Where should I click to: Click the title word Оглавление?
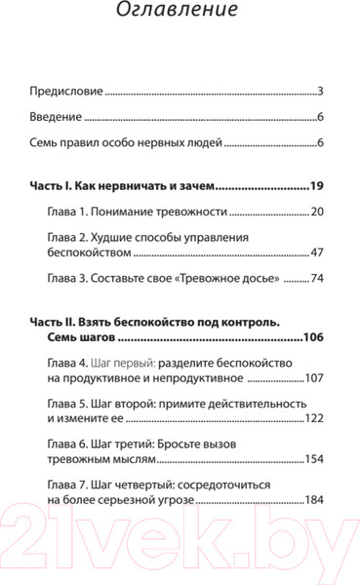179,15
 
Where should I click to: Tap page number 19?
315,184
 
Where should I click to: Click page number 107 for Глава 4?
313,377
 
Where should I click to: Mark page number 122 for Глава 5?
313,419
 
